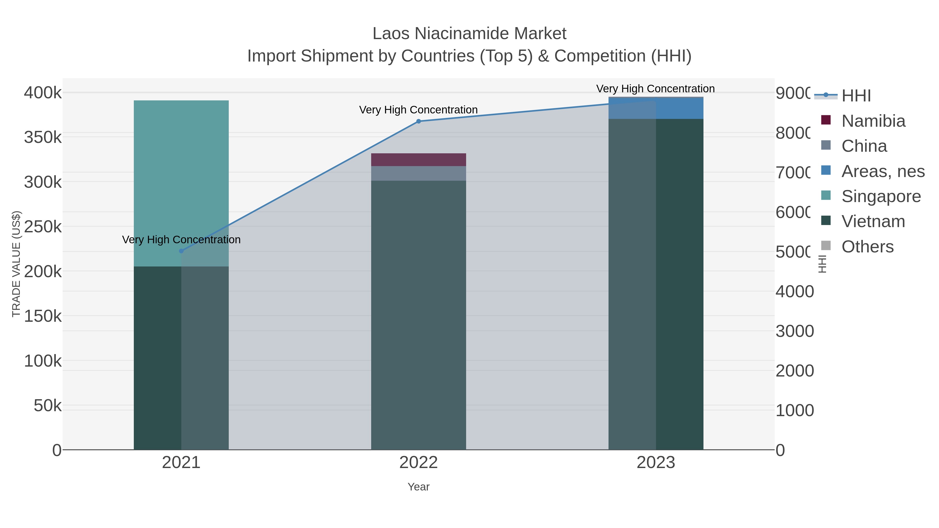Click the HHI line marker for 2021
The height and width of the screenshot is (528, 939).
[181, 251]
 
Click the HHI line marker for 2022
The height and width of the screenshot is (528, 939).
[418, 121]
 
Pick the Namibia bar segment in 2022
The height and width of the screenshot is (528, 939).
[418, 160]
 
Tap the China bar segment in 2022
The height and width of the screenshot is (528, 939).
[418, 173]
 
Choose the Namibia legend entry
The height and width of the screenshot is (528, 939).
[873, 121]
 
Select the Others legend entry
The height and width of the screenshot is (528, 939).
[867, 247]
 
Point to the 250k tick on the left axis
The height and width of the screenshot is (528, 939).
[43, 227]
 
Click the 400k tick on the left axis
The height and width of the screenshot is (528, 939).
[43, 93]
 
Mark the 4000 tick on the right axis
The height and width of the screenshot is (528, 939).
[795, 292]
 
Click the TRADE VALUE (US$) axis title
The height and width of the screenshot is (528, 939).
[16, 264]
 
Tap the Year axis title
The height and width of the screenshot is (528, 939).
[418, 487]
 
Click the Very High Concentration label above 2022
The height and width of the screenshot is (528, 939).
[418, 110]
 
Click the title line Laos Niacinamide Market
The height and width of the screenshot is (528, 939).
[469, 34]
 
